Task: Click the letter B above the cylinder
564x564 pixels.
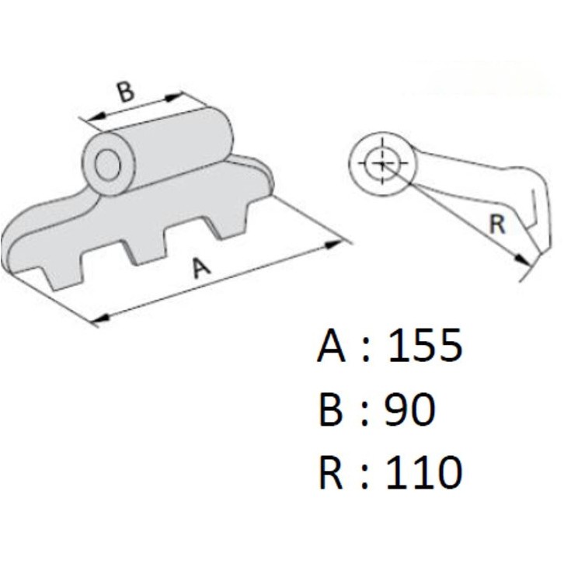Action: coord(127,92)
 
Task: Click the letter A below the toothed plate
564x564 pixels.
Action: coord(201,268)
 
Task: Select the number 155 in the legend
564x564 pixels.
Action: coord(424,346)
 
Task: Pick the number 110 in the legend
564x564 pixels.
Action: coord(424,472)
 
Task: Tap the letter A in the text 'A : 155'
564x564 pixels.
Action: coord(332,346)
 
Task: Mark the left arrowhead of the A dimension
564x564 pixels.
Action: coord(95,318)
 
